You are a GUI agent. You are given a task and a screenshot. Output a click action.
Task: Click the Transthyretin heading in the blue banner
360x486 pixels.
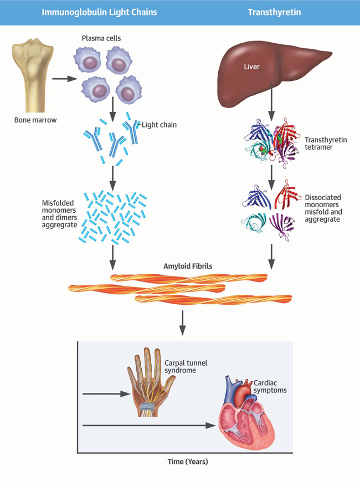tap(281, 12)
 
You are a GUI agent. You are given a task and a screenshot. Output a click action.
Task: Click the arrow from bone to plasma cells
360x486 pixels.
tap(64, 79)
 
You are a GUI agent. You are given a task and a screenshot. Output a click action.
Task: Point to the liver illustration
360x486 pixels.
tap(270, 75)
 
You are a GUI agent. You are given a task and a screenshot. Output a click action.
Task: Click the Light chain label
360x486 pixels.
tap(159, 125)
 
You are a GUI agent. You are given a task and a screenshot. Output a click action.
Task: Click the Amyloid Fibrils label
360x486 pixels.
tap(188, 266)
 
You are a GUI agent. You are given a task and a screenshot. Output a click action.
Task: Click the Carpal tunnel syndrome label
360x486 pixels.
tap(180, 366)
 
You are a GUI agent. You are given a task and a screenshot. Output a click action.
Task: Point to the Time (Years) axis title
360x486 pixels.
tap(188, 461)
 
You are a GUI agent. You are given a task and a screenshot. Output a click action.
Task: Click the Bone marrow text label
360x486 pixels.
tap(34, 119)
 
